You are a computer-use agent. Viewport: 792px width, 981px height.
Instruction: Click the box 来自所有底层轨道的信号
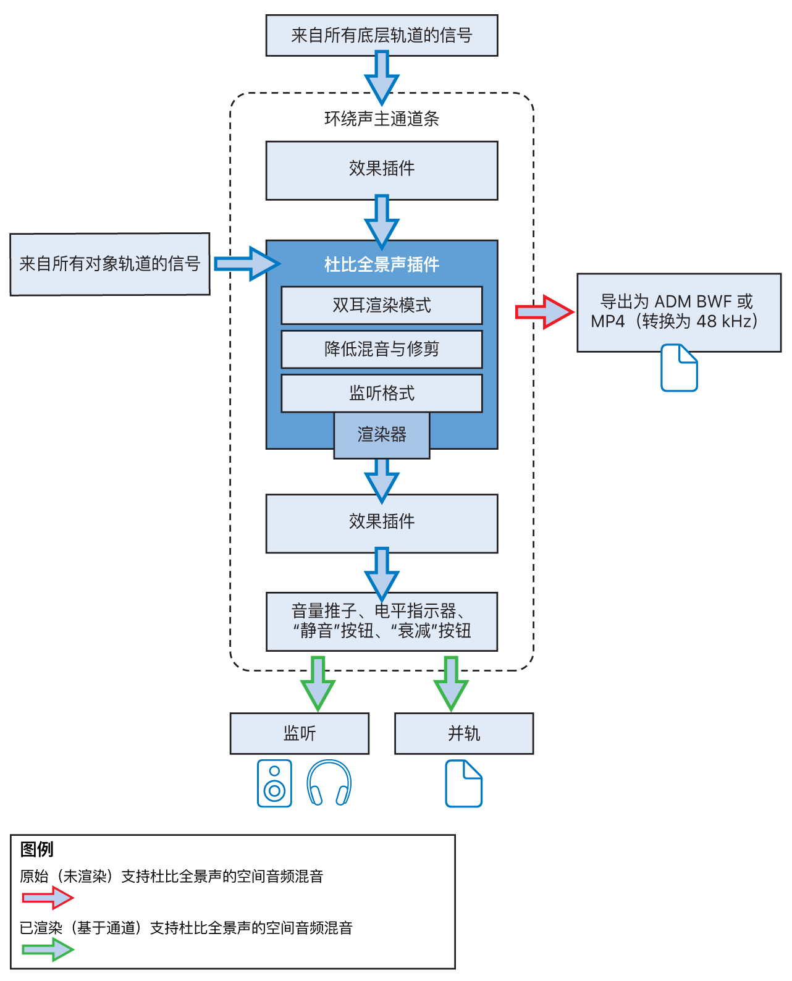point(381,36)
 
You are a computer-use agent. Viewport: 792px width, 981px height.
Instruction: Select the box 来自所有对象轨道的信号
point(109,264)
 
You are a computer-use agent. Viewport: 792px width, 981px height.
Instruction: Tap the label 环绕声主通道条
point(381,119)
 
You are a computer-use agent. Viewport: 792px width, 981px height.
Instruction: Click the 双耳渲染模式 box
point(381,305)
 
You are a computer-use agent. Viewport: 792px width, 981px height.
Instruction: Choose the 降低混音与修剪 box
point(381,349)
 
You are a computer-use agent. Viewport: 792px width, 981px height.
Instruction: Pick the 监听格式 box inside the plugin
point(381,393)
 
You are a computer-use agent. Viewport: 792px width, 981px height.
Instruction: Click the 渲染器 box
point(381,435)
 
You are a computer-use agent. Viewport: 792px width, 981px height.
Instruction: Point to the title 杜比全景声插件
point(381,264)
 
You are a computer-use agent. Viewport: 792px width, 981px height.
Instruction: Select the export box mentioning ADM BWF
point(678,312)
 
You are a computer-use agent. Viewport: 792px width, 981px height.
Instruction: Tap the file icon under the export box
point(679,368)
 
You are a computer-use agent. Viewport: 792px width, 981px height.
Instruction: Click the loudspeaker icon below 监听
point(274,783)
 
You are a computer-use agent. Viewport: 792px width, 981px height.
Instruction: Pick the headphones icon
point(329,783)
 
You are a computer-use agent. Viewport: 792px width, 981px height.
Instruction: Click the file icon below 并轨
point(463,784)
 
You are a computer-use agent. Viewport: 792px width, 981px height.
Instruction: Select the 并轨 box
point(463,733)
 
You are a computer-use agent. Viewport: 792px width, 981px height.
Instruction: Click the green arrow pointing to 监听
point(318,684)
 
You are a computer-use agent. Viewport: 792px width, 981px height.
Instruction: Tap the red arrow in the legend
point(48,898)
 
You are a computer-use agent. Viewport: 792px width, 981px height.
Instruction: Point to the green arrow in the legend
point(48,949)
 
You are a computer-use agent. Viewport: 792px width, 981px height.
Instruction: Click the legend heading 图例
point(36,849)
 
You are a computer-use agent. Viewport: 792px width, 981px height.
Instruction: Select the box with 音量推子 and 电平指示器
point(381,621)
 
